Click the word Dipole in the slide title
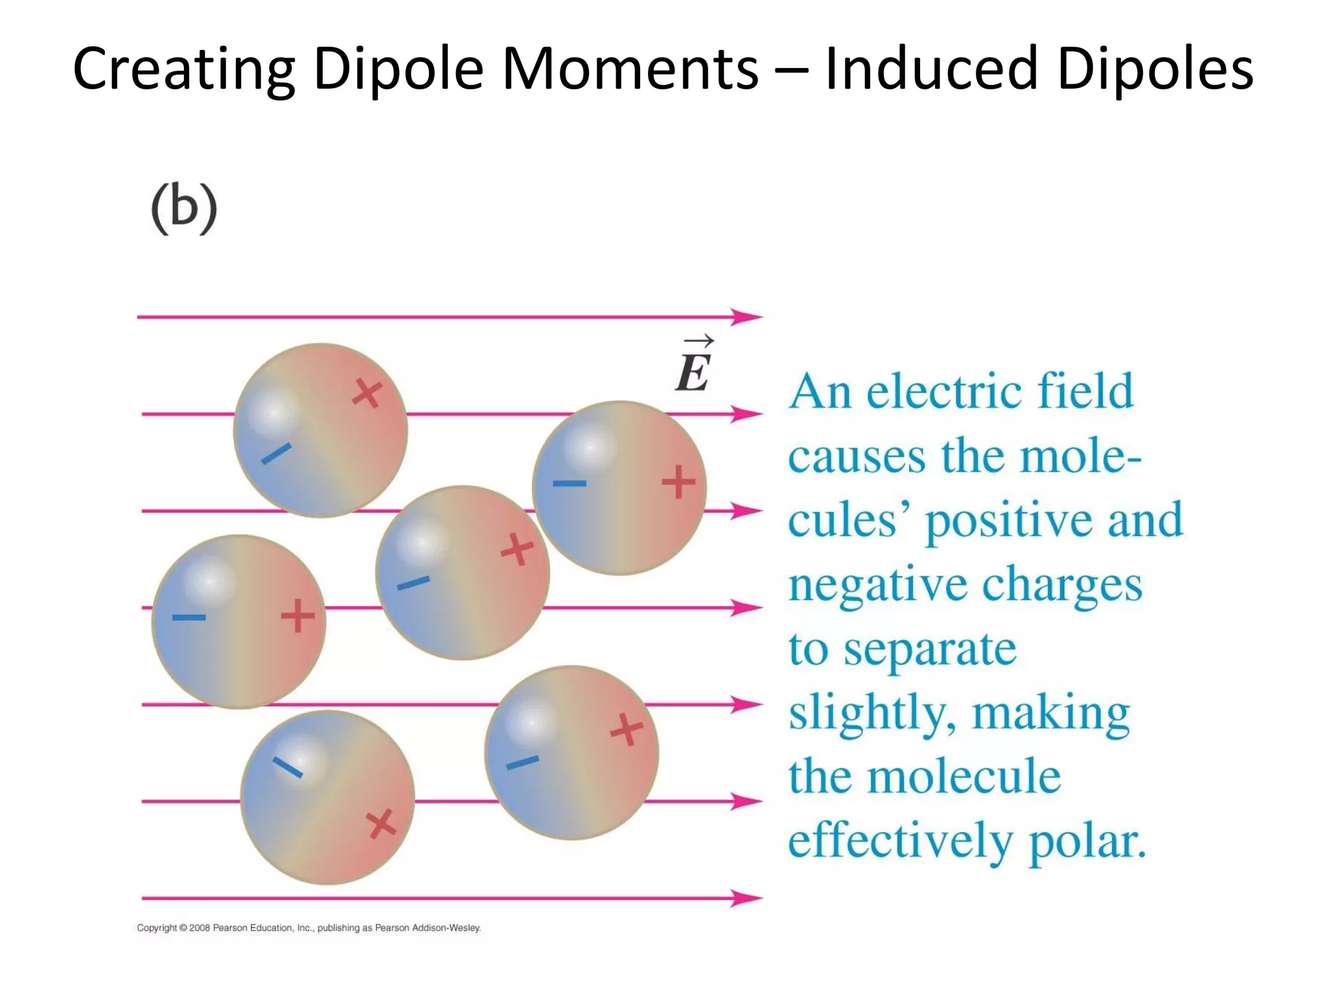point(398,69)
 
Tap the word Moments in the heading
point(630,69)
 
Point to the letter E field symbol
point(693,372)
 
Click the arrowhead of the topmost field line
point(746,317)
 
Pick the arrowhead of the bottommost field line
point(746,898)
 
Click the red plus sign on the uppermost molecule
point(367,393)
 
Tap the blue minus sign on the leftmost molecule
point(189,617)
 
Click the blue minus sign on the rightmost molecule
point(570,483)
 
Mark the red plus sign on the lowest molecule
point(381,824)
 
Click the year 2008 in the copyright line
point(200,928)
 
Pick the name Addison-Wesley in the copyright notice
point(446,928)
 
